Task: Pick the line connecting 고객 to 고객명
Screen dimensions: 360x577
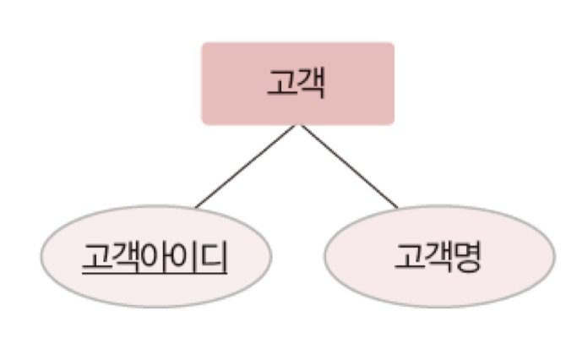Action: coord(348,166)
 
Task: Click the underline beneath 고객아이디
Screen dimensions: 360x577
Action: coord(155,276)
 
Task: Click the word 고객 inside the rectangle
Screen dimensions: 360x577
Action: coord(297,85)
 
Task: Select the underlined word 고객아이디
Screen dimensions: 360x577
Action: coord(155,257)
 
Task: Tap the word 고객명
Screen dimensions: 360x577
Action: coord(438,257)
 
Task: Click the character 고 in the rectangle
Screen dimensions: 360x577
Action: coord(281,85)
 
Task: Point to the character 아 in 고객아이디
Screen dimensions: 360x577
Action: coord(156,257)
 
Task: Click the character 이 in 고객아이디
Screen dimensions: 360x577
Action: coord(186,257)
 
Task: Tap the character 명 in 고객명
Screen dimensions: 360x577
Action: coord(467,257)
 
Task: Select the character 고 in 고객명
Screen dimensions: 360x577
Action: coord(409,257)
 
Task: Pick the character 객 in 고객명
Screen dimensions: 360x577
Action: coord(438,257)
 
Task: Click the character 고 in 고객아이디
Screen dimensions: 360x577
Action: coord(96,257)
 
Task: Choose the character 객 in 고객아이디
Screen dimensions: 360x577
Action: coord(126,257)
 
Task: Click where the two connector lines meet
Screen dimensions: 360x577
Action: coord(298,126)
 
